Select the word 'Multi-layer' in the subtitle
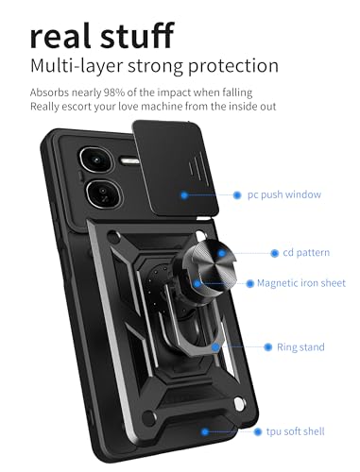tap(76, 67)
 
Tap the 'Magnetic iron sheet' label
tap(301, 282)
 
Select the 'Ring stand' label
tap(300, 347)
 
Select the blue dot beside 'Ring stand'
tap(268, 347)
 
